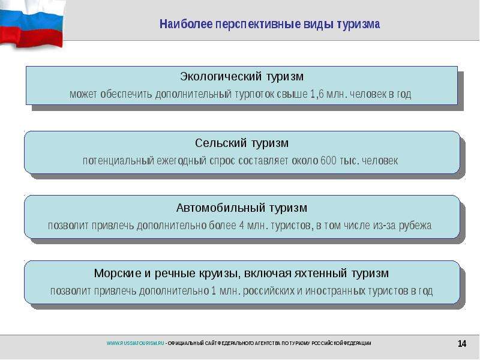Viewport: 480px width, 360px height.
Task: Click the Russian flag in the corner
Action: (x=32, y=24)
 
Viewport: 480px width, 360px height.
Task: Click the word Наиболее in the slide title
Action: (x=186, y=24)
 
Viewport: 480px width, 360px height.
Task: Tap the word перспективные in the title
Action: (x=258, y=25)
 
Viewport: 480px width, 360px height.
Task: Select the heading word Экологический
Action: (x=221, y=76)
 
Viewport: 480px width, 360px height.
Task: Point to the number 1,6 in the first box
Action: (x=317, y=94)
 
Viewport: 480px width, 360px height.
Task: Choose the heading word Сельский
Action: (x=221, y=143)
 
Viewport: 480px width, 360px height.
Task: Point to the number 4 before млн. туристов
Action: (x=242, y=226)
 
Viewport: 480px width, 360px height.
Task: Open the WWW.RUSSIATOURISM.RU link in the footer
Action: (x=136, y=343)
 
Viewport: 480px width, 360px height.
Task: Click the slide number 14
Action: (x=461, y=343)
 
